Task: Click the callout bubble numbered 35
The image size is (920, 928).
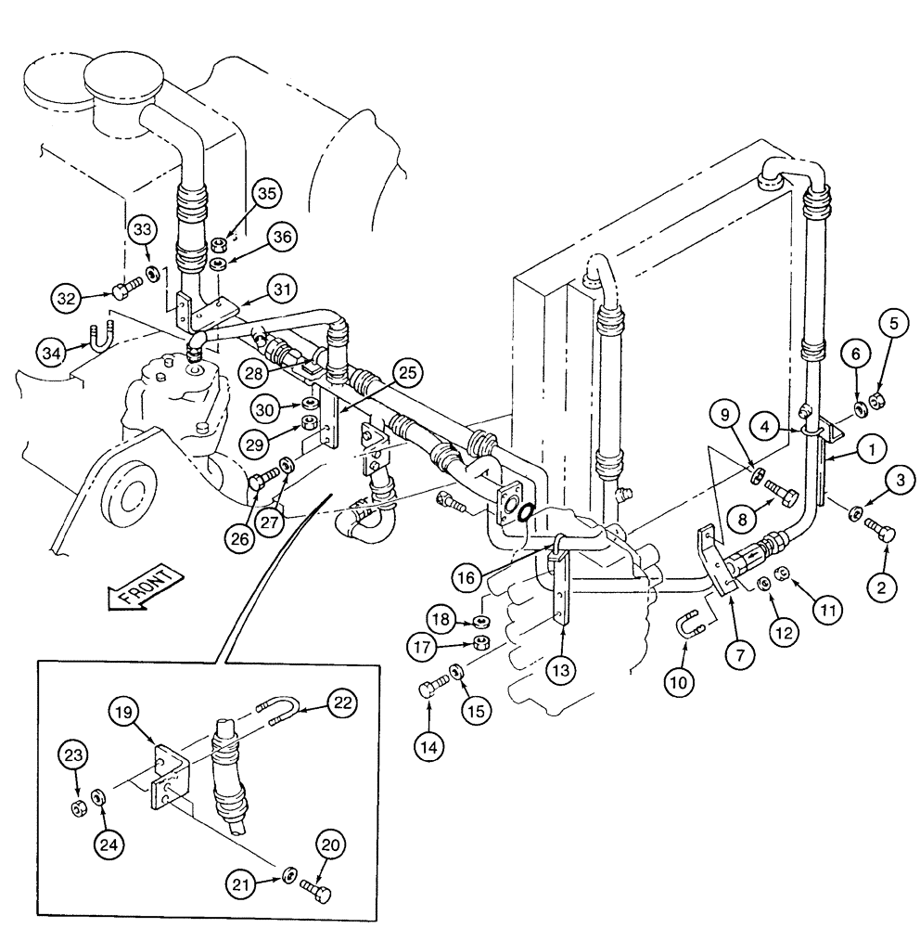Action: [267, 194]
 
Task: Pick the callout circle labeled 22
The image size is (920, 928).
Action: [341, 703]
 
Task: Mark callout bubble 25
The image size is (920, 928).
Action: [412, 374]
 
